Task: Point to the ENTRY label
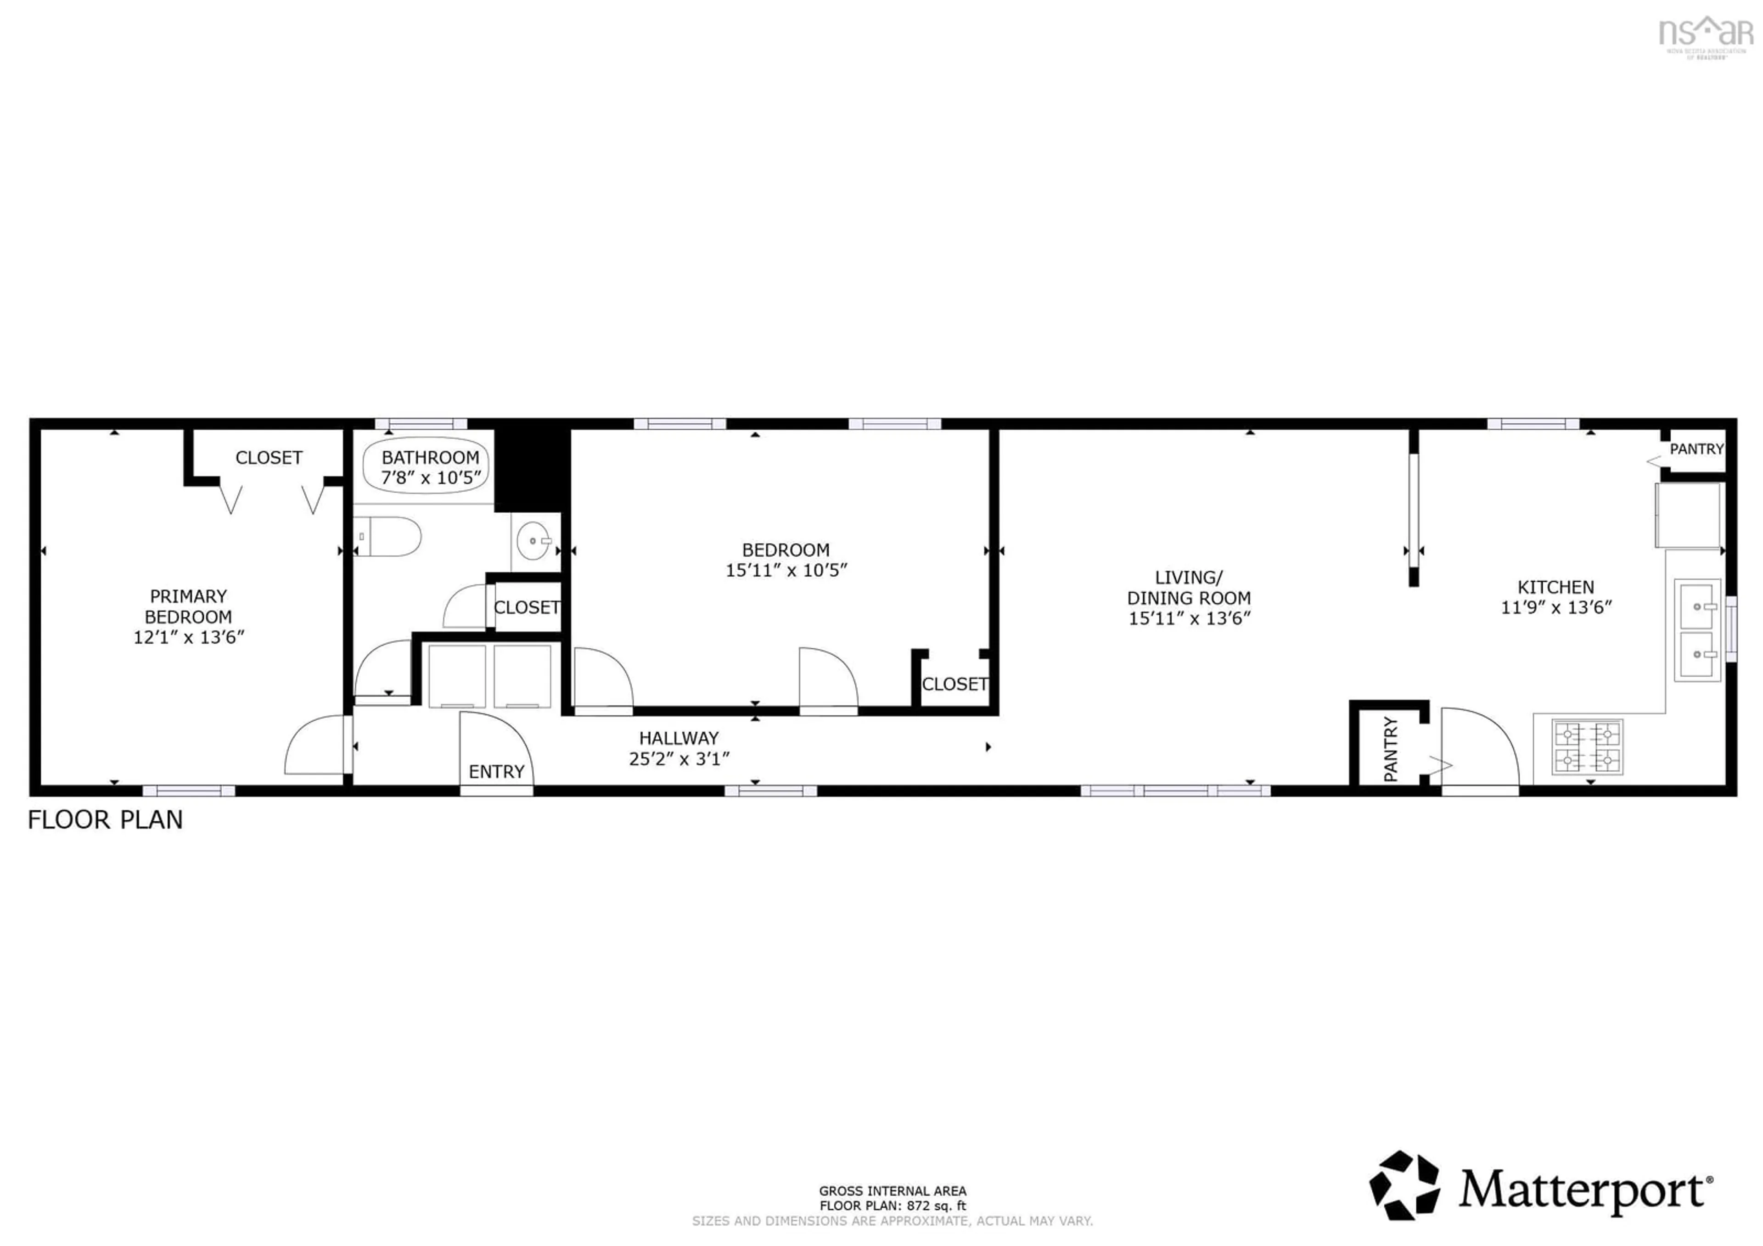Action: [496, 772]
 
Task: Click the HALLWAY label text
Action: [679, 739]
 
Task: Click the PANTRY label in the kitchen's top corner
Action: [1696, 449]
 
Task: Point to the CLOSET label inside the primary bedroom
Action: [269, 458]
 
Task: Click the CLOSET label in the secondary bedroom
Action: [954, 684]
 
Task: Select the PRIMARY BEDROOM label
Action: [188, 606]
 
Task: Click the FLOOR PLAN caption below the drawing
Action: [105, 820]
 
